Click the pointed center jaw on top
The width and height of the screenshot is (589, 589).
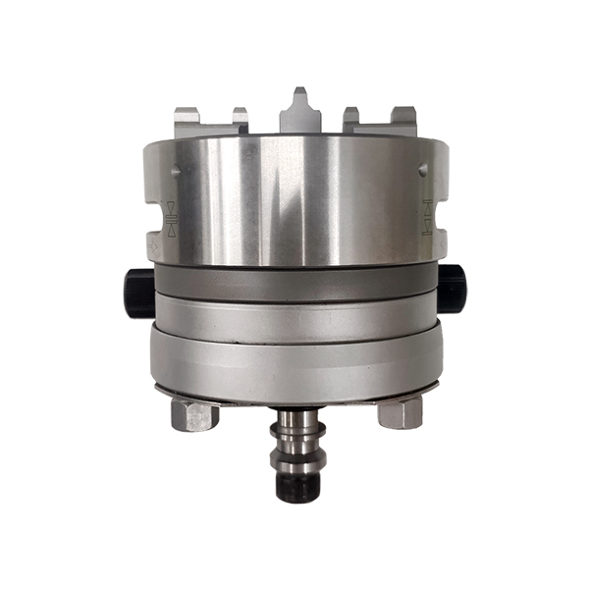click(299, 113)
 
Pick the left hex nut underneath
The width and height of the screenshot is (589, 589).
click(193, 413)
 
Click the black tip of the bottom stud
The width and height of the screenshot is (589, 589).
click(294, 485)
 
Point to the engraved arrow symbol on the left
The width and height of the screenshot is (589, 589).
click(172, 218)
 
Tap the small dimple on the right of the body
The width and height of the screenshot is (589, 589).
click(423, 169)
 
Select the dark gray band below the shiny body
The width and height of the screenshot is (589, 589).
click(294, 282)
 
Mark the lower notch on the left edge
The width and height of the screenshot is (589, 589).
click(148, 241)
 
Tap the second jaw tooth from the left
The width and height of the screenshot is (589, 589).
click(241, 119)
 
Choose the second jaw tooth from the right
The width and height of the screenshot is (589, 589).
click(351, 119)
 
